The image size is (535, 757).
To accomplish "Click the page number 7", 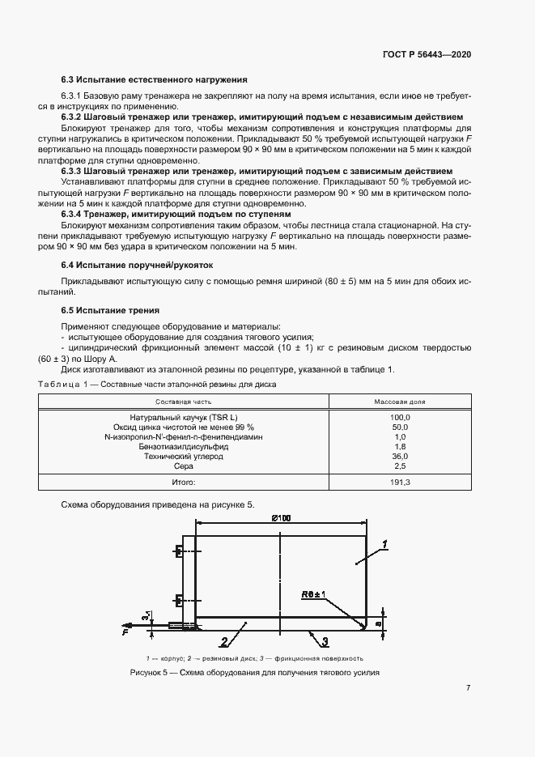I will point(469,688).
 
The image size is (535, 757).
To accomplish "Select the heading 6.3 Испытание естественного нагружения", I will point(154,79).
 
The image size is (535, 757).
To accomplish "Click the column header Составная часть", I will point(185,401).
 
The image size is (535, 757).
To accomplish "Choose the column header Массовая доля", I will point(400,401).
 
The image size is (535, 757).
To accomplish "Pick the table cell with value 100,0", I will point(400,417).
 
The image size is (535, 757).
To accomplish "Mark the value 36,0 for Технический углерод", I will point(400,456).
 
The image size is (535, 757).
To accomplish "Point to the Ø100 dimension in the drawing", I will point(281,517).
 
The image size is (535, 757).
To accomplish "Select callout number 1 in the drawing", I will point(385,543).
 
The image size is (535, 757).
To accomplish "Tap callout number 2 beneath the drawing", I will point(224,641).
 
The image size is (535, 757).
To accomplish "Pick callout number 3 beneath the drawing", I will point(324,642).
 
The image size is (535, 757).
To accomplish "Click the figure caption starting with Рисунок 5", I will point(255,674).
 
